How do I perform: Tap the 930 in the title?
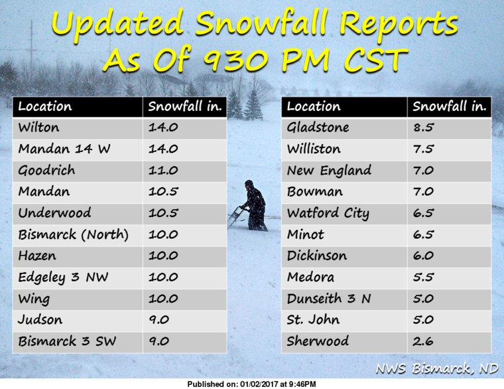pos(240,60)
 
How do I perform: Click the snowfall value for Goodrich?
pos(163,170)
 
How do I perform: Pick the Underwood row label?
pos(54,212)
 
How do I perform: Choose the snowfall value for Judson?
pos(158,320)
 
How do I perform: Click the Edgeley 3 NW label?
pos(63,277)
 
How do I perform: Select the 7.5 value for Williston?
pos(423,149)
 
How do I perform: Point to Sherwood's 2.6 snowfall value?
pos(423,341)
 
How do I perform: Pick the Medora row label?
pos(310,277)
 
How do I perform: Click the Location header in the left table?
pos(45,106)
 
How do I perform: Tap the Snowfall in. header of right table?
pos(450,106)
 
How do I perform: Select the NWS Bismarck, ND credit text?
pos(437,368)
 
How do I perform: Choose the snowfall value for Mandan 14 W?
pos(163,149)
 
